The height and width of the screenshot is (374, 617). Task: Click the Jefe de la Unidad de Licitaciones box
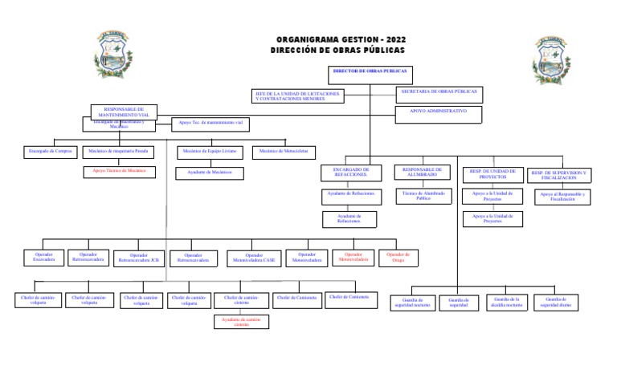pyautogui.click(x=297, y=96)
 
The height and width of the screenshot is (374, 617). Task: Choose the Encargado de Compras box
pyautogui.click(x=51, y=151)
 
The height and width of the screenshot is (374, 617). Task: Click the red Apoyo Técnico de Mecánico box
pyautogui.click(x=119, y=171)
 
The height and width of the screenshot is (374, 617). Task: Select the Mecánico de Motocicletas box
pyautogui.click(x=284, y=151)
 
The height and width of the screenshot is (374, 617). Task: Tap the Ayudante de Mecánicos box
pyautogui.click(x=209, y=172)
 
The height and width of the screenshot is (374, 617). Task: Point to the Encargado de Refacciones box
pyautogui.click(x=349, y=173)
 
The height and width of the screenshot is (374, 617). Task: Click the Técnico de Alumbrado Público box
pyautogui.click(x=423, y=195)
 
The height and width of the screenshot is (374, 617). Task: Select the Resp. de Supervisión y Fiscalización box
pyautogui.click(x=559, y=174)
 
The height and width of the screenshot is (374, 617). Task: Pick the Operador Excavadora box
pyautogui.click(x=44, y=257)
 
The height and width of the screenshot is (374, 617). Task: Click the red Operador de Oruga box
pyautogui.click(x=398, y=257)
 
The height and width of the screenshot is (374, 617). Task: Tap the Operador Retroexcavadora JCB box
pyautogui.click(x=138, y=258)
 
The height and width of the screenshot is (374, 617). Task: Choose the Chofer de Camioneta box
pyautogui.click(x=296, y=299)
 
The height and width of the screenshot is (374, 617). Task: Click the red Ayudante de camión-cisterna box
pyautogui.click(x=241, y=321)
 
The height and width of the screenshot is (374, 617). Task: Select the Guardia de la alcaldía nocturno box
pyautogui.click(x=508, y=302)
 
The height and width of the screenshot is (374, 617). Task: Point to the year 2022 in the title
pyautogui.click(x=395, y=39)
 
